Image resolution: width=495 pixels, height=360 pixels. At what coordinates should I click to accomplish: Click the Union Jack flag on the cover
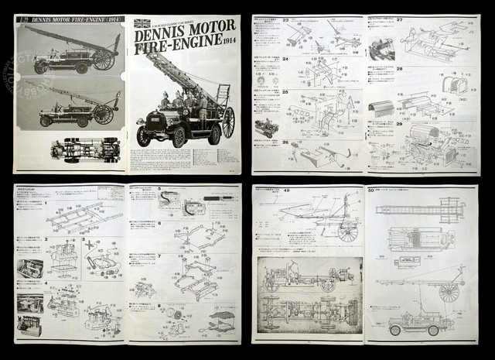coord(142,23)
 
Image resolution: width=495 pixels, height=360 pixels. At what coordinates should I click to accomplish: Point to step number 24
coord(265,58)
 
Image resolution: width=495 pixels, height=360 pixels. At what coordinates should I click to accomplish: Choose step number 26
coord(265,142)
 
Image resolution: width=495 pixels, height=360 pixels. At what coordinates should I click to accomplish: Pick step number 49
coord(265,191)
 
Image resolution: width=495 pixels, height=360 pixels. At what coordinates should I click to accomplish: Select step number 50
coord(372,191)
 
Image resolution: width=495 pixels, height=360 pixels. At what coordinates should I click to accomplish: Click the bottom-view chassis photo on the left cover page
coord(84,149)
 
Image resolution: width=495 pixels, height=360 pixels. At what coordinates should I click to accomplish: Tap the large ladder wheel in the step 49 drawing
coord(347,231)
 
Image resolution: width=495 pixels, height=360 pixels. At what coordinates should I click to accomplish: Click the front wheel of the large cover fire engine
coord(144,136)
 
